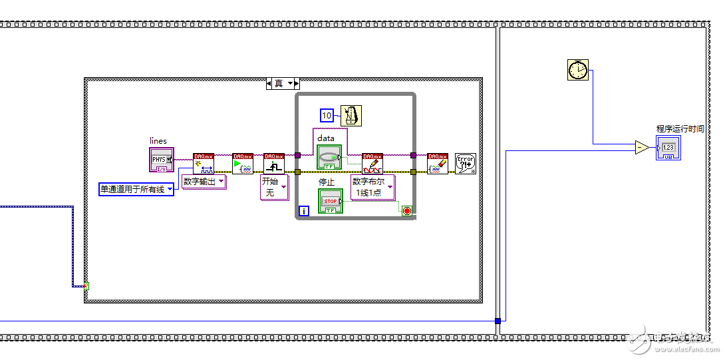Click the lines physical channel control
click(161, 160)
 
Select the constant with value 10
click(327, 116)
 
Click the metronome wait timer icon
click(351, 116)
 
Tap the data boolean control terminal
click(329, 157)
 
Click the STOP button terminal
click(330, 201)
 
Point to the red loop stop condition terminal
click(406, 211)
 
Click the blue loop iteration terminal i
click(304, 211)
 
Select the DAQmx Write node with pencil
click(372, 164)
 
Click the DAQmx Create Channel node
click(204, 164)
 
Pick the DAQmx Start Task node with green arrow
click(242, 164)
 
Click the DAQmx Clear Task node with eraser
click(437, 164)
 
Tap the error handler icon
click(466, 164)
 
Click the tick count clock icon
click(578, 69)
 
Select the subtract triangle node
click(641, 148)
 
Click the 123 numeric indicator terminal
click(668, 147)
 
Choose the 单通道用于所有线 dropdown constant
click(136, 189)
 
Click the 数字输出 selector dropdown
click(204, 182)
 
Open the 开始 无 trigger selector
click(274, 187)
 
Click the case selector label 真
click(283, 83)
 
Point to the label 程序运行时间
click(680, 128)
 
